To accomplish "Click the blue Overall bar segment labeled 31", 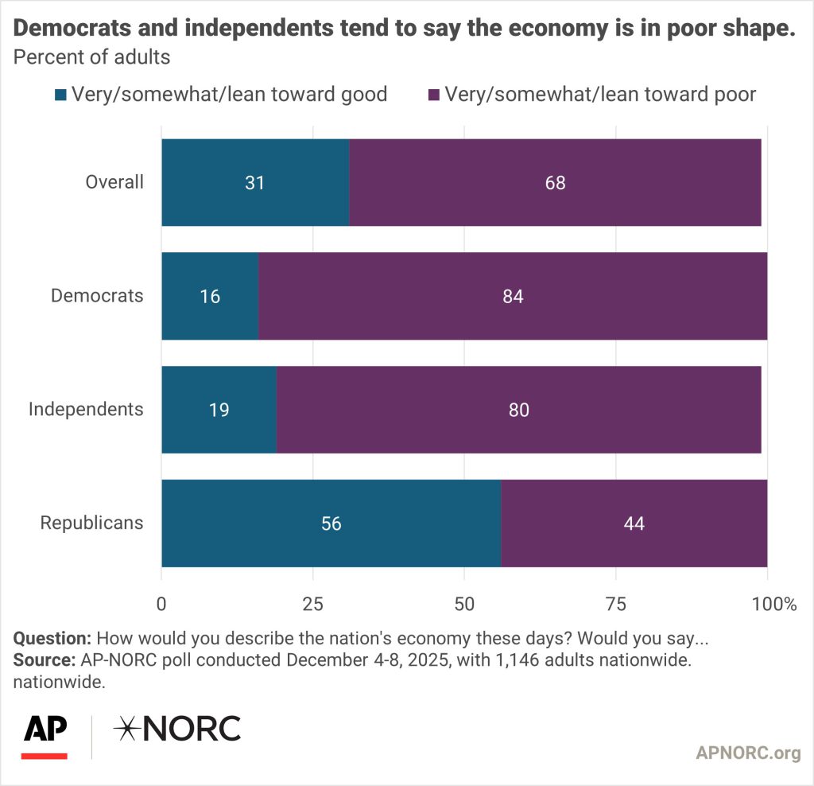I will pyautogui.click(x=255, y=182).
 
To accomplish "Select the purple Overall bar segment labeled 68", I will pyautogui.click(x=555, y=182).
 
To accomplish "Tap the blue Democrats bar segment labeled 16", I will pyautogui.click(x=210, y=296).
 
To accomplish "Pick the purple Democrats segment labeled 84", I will pyautogui.click(x=513, y=296).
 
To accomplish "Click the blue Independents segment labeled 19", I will pyautogui.click(x=219, y=410).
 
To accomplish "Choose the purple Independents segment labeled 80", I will pyautogui.click(x=519, y=410).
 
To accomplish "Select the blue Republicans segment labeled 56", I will pyautogui.click(x=331, y=523).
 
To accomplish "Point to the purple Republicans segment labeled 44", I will pyautogui.click(x=634, y=523).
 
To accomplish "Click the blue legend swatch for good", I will pyautogui.click(x=61, y=95).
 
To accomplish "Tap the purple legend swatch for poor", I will pyautogui.click(x=434, y=95).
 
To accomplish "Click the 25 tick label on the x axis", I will pyautogui.click(x=313, y=605).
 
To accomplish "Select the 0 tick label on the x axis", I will pyautogui.click(x=161, y=605).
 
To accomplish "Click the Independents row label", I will pyautogui.click(x=86, y=410).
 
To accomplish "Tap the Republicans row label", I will pyautogui.click(x=92, y=523).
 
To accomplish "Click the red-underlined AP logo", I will pyautogui.click(x=45, y=734).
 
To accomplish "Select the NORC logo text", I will pyautogui.click(x=176, y=729).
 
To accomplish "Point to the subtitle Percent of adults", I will pyautogui.click(x=92, y=57).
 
